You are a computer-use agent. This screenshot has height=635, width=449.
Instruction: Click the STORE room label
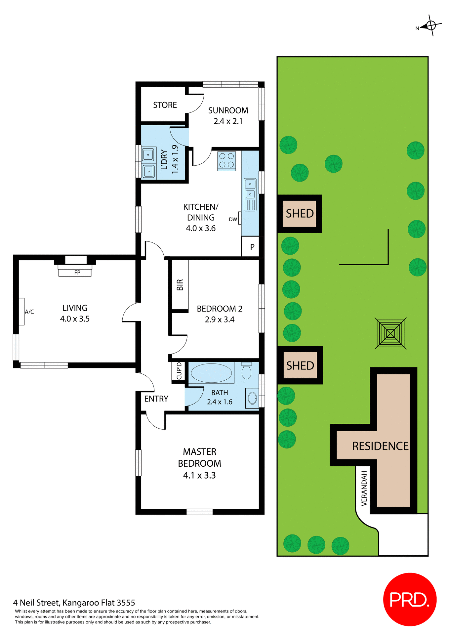pyautogui.click(x=165, y=105)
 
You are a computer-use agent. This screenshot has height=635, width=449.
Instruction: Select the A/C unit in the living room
pyautogui.click(x=21, y=312)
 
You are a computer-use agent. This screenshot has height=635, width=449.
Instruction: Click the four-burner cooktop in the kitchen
pyautogui.click(x=226, y=161)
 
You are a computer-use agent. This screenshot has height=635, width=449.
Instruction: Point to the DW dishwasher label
pyautogui.click(x=233, y=219)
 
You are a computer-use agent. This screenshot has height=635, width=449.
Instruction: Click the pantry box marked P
pyautogui.click(x=252, y=247)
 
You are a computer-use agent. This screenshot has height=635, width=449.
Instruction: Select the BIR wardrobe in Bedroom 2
pyautogui.click(x=180, y=285)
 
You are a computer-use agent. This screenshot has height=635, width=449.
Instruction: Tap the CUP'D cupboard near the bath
pyautogui.click(x=179, y=371)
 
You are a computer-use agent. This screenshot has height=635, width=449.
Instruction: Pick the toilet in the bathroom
pyautogui.click(x=246, y=371)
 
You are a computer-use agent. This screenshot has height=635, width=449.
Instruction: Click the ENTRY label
pyautogui.click(x=156, y=399)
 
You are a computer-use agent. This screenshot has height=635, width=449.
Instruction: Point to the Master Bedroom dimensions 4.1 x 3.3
pyautogui.click(x=199, y=476)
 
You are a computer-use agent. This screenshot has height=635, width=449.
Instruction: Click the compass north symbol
pyautogui.click(x=430, y=25)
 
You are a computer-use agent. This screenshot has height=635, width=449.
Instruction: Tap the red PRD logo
pyautogui.click(x=410, y=599)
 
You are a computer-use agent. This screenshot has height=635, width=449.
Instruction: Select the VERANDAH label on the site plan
pyautogui.click(x=364, y=488)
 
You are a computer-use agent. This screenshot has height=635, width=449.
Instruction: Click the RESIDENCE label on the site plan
pyautogui.click(x=380, y=446)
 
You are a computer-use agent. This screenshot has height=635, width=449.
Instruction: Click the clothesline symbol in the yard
pyautogui.click(x=390, y=333)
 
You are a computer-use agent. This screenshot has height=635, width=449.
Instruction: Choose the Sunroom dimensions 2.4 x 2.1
pyautogui.click(x=228, y=121)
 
